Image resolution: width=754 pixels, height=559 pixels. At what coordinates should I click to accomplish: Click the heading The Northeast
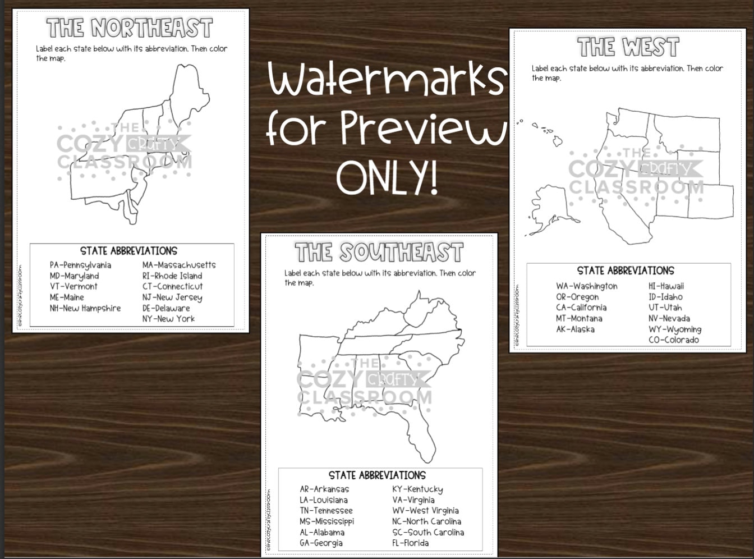pos(130,28)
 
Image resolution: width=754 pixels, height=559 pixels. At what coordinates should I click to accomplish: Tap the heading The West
pos(628,48)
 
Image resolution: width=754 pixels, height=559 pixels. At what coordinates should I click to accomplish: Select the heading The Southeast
pos(379,253)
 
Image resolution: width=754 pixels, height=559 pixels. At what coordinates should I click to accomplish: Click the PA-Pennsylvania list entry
pos(80,265)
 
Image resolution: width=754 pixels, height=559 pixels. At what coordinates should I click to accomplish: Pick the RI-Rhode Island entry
pos(172,276)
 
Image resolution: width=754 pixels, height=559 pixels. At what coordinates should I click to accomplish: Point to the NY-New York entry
pos(168,319)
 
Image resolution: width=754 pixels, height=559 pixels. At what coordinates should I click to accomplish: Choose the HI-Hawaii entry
pos(666,286)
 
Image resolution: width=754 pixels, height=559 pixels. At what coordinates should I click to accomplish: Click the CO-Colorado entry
pos(673,340)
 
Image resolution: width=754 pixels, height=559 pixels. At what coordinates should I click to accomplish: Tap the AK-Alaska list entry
pos(575,329)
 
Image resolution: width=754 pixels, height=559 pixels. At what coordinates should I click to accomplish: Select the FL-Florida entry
pos(410,543)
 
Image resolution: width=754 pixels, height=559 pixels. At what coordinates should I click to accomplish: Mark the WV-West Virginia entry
pos(425,511)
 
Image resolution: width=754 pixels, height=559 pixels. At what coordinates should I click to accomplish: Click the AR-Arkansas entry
pos(324,489)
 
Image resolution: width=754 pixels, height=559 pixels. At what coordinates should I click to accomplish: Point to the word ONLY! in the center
pos(387,177)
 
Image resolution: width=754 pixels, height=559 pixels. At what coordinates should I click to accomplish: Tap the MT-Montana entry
pos(579,319)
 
